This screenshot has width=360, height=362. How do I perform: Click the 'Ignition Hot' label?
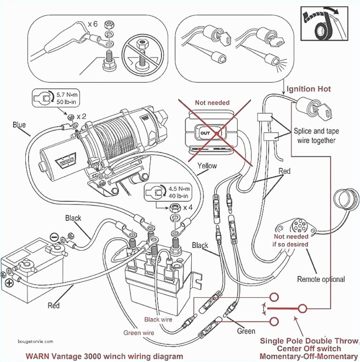tap(308, 89)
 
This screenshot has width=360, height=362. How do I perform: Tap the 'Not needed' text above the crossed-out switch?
tap(212, 103)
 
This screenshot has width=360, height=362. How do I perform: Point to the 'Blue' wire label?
tap(19, 125)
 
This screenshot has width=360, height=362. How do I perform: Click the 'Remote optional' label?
tap(321, 279)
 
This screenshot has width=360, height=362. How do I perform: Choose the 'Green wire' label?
tap(139, 332)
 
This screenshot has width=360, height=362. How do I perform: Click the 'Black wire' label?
tap(158, 319)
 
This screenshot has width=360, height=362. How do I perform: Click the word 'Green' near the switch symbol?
tap(246, 331)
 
